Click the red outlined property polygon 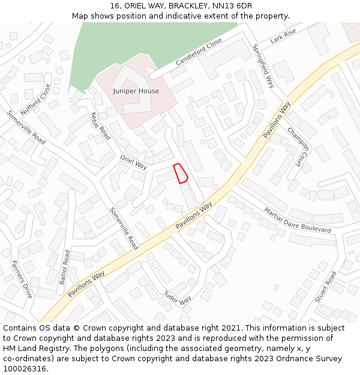tap(181, 173)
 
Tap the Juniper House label tap(136, 91)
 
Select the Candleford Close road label tap(199, 52)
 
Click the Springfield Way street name tap(263, 66)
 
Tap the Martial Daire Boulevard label tap(298, 220)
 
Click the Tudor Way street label tap(178, 296)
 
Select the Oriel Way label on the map tap(133, 162)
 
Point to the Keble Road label tap(100, 125)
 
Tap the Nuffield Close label tap(35, 100)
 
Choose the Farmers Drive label tap(22, 280)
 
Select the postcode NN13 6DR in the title tap(233, 6)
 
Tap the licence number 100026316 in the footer tap(25, 369)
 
